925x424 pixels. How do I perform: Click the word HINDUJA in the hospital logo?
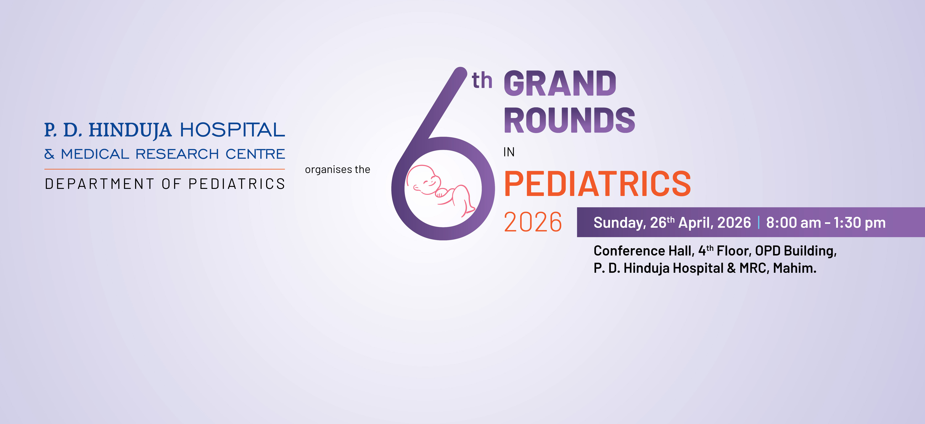click(130, 130)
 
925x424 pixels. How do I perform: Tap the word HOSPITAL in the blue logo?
click(232, 130)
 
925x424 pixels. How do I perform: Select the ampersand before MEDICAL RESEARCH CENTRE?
click(49, 154)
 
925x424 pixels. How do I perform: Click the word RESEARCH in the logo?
click(177, 154)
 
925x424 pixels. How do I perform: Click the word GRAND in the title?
click(560, 84)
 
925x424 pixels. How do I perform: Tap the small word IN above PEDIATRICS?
click(509, 152)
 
